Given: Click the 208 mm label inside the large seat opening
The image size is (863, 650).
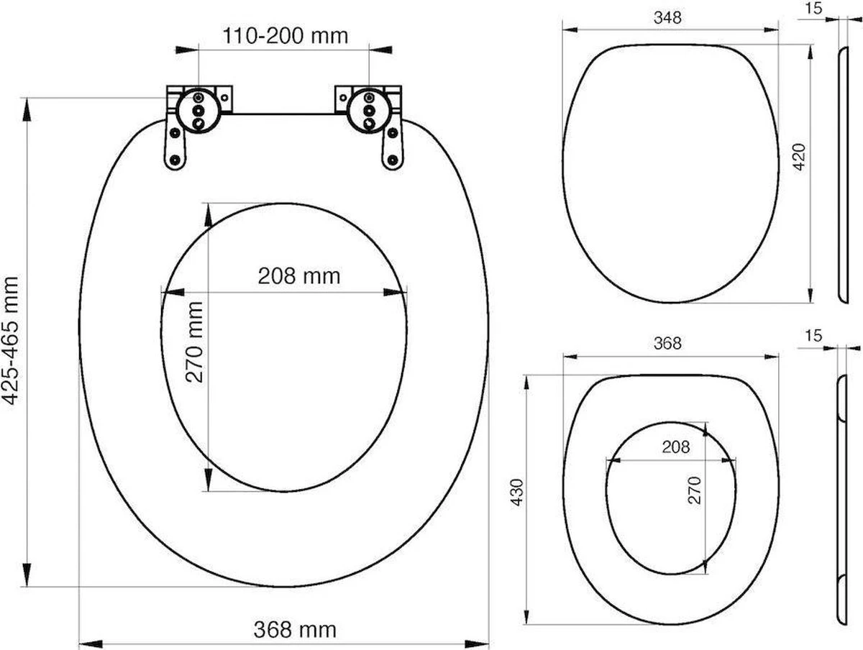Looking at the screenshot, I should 288,275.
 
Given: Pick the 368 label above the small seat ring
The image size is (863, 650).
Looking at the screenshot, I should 667,344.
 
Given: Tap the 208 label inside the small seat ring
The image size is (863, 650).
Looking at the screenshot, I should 675,447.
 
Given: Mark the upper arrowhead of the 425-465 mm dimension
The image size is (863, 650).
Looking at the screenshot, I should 28,108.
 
